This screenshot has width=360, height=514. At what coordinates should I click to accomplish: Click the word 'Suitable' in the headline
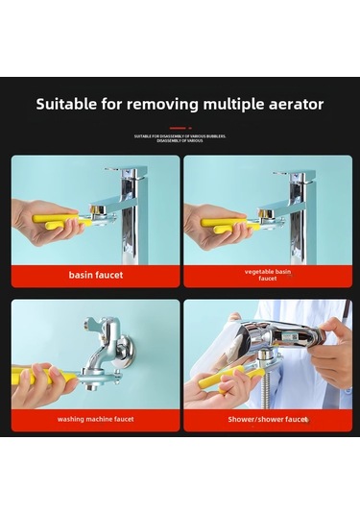tap(67, 104)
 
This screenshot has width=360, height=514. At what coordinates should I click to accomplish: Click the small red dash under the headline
tap(180, 128)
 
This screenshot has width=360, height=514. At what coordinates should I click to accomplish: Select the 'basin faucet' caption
tap(96, 275)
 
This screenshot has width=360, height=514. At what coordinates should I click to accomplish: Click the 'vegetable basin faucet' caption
tap(267, 275)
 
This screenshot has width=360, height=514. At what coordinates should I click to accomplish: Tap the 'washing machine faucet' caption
tap(96, 419)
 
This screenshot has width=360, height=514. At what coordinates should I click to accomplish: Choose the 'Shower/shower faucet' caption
tap(267, 419)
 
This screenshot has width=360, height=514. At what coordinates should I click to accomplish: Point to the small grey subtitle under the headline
tap(180, 137)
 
